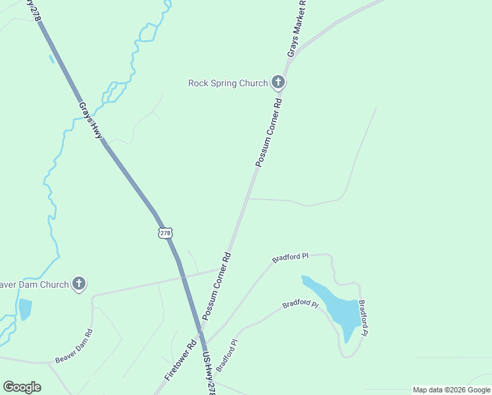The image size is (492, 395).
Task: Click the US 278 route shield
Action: (165, 233)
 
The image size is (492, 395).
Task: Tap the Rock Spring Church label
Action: (228, 83)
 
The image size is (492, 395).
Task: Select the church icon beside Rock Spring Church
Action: (278, 82)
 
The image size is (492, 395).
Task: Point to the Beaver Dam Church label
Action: (33, 284)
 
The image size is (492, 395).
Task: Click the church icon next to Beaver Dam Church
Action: (78, 284)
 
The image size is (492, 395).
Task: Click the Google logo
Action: (22, 387)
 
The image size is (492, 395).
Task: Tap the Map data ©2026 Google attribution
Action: (451, 390)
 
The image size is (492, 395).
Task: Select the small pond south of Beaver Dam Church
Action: (25, 308)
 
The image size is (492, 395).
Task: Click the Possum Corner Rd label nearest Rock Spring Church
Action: (269, 132)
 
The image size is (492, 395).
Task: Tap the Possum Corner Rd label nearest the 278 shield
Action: (217, 286)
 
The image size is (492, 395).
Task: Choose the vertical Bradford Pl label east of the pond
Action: (363, 319)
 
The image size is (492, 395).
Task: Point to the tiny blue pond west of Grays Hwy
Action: (51, 59)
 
